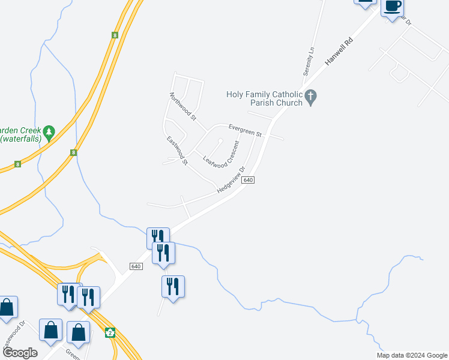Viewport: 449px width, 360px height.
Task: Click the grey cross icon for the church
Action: (x=310, y=97)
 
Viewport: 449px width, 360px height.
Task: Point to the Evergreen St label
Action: (x=244, y=130)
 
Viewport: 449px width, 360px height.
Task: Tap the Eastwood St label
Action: (x=178, y=150)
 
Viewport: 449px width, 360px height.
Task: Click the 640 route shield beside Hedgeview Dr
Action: (x=250, y=180)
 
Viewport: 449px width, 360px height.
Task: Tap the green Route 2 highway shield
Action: (x=110, y=332)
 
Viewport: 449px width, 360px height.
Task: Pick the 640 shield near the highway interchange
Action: (x=136, y=266)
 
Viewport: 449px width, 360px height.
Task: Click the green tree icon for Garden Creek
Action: (x=49, y=131)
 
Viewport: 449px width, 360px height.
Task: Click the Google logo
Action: (x=20, y=353)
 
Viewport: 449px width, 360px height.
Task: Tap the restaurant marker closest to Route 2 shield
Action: (x=88, y=296)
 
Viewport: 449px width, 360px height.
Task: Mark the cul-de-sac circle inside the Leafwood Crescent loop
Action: (x=221, y=141)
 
